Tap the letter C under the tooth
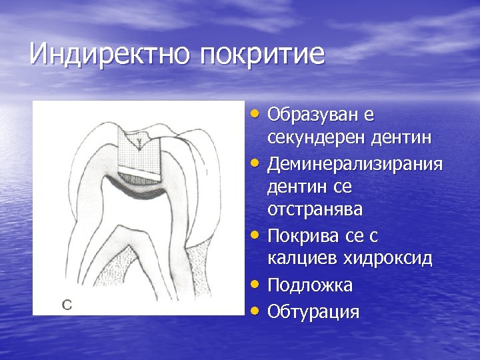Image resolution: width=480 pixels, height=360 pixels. coord(67,305)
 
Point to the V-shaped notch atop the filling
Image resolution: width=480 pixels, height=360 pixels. coord(139,139)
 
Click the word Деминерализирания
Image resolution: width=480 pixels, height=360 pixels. coord(355,163)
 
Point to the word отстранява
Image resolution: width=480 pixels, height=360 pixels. coord(315,210)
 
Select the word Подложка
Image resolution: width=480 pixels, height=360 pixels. coord(310,285)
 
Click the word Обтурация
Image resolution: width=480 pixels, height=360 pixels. coord(313,311)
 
